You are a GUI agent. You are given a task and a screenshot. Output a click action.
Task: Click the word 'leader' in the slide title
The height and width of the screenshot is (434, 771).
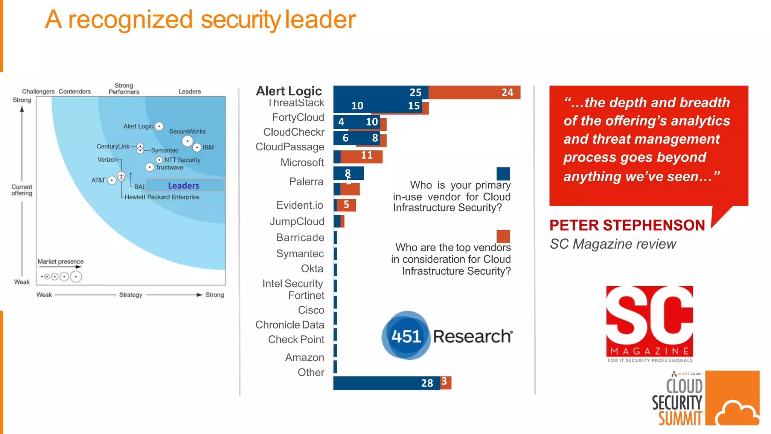[x=320, y=20]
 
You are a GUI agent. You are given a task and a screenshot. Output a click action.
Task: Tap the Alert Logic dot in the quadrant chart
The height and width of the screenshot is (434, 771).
[x=159, y=126]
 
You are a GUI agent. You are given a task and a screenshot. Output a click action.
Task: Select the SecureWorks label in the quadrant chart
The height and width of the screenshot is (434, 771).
[x=187, y=131]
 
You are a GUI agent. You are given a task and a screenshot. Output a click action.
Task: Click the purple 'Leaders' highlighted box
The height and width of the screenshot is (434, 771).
[x=184, y=185]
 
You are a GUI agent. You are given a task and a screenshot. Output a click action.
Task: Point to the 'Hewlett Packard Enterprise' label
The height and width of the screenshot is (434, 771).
[x=162, y=197]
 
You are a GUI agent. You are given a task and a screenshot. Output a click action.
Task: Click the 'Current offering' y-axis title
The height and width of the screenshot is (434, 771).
[x=22, y=190]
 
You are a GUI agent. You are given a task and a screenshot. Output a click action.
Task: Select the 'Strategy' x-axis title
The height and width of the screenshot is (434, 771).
[x=131, y=295]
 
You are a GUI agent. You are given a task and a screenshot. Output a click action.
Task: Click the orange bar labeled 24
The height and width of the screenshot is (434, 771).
[x=474, y=92]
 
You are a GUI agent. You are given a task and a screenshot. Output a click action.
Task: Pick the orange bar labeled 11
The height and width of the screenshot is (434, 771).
[x=361, y=156]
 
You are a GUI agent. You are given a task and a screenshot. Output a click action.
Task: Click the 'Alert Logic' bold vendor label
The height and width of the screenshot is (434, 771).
[x=289, y=91]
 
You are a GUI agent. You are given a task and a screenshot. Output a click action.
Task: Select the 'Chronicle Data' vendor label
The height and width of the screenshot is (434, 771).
[x=290, y=325]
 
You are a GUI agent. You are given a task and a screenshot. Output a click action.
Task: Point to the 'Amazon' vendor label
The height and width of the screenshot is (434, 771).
[x=304, y=357]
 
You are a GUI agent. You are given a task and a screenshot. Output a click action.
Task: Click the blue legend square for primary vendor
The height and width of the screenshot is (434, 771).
[x=503, y=174]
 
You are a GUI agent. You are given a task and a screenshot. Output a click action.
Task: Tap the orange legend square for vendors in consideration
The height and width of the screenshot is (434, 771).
[x=503, y=236]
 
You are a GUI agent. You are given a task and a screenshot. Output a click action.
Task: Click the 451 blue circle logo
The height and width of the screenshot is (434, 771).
[x=406, y=335]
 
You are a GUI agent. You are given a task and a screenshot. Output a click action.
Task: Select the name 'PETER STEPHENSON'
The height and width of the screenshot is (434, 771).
[x=627, y=225]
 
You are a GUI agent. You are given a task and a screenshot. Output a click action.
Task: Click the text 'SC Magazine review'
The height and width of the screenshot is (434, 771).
[x=613, y=244]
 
